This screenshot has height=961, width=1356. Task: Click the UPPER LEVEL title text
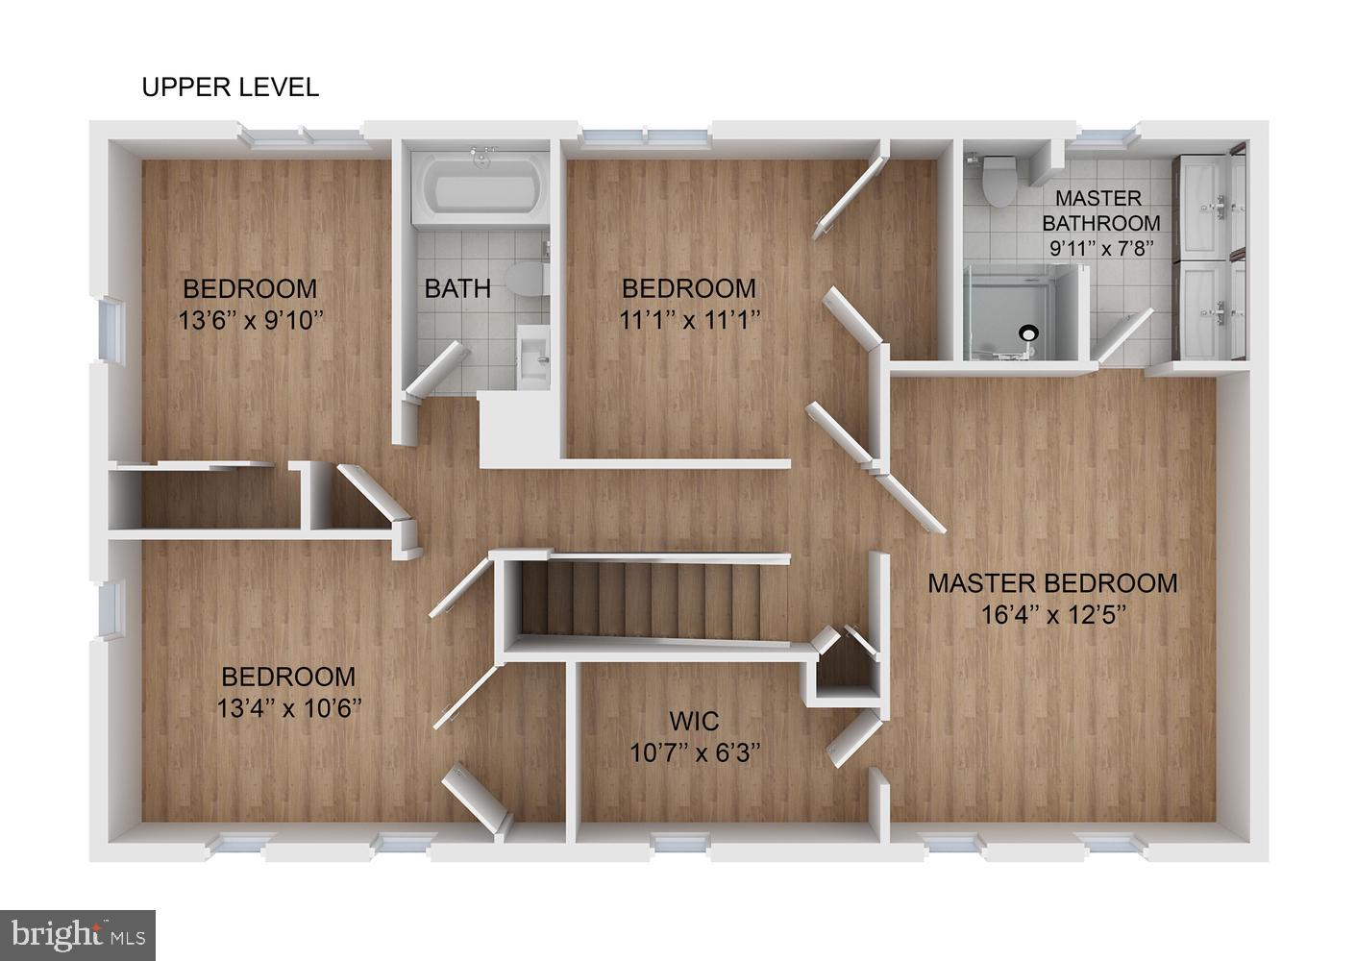[230, 87]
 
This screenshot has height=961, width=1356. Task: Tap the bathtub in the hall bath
[481, 187]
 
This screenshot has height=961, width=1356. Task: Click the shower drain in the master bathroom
[1028, 332]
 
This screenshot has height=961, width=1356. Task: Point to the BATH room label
[457, 288]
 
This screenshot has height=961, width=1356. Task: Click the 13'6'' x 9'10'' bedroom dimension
[251, 320]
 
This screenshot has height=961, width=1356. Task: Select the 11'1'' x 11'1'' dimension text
[689, 319]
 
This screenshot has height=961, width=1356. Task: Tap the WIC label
[694, 721]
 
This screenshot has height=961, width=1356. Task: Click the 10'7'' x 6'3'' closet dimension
[695, 752]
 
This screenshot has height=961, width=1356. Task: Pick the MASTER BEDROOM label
[1052, 583]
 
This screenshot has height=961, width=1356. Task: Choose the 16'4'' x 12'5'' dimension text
[1053, 615]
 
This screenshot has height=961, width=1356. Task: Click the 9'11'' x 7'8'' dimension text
[1101, 248]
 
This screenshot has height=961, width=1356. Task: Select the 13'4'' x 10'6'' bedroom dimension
[288, 707]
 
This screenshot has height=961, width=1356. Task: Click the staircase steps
[640, 601]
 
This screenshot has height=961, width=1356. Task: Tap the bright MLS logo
[78, 935]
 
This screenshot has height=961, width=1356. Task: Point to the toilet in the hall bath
[526, 279]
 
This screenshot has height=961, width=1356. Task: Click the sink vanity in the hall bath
[532, 357]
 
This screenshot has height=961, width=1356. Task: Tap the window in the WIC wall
[681, 843]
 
